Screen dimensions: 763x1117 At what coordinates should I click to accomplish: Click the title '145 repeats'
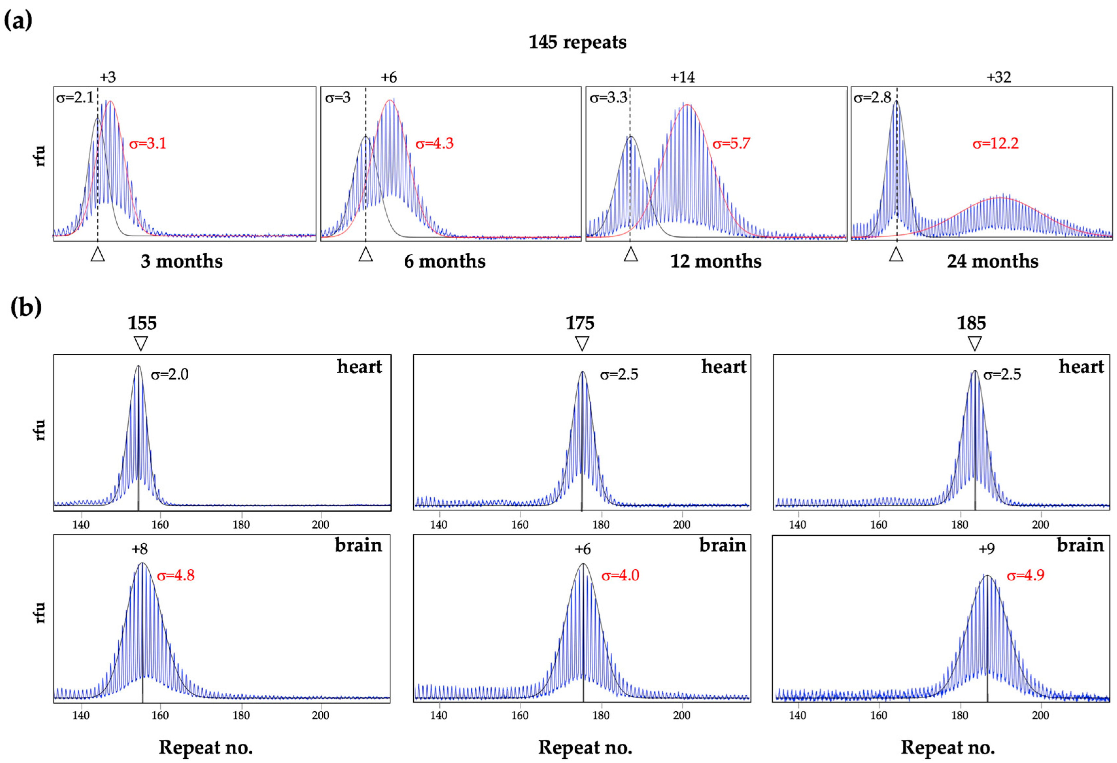(x=577, y=42)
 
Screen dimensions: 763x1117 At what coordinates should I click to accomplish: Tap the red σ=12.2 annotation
(x=995, y=143)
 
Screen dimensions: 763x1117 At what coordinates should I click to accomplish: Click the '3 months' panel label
(x=182, y=261)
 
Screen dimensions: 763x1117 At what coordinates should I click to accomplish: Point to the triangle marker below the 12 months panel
(x=631, y=254)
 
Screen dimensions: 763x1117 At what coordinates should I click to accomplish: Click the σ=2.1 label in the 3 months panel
(x=75, y=98)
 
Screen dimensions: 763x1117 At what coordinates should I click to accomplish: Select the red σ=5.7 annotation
(x=731, y=143)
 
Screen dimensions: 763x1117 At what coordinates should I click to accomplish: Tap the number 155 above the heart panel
(x=142, y=323)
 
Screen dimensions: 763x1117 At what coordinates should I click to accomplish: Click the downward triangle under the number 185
(x=974, y=343)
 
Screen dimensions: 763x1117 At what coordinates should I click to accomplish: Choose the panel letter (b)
(x=25, y=308)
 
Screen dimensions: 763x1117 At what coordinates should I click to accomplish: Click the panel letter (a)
(x=18, y=20)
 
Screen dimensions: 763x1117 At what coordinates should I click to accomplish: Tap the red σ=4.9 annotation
(x=1026, y=575)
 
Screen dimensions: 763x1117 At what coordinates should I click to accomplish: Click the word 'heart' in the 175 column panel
(x=723, y=367)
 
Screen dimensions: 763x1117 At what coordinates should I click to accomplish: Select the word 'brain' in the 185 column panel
(x=1080, y=545)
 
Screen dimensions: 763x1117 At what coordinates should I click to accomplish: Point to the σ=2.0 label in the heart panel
(x=169, y=375)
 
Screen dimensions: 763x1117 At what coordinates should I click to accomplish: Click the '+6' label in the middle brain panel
(x=583, y=549)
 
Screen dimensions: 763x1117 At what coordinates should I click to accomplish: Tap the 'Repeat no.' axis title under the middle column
(x=585, y=747)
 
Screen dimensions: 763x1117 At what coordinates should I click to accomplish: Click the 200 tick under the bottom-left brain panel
(x=321, y=715)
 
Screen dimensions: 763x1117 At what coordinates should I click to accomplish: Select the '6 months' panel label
(x=445, y=261)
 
